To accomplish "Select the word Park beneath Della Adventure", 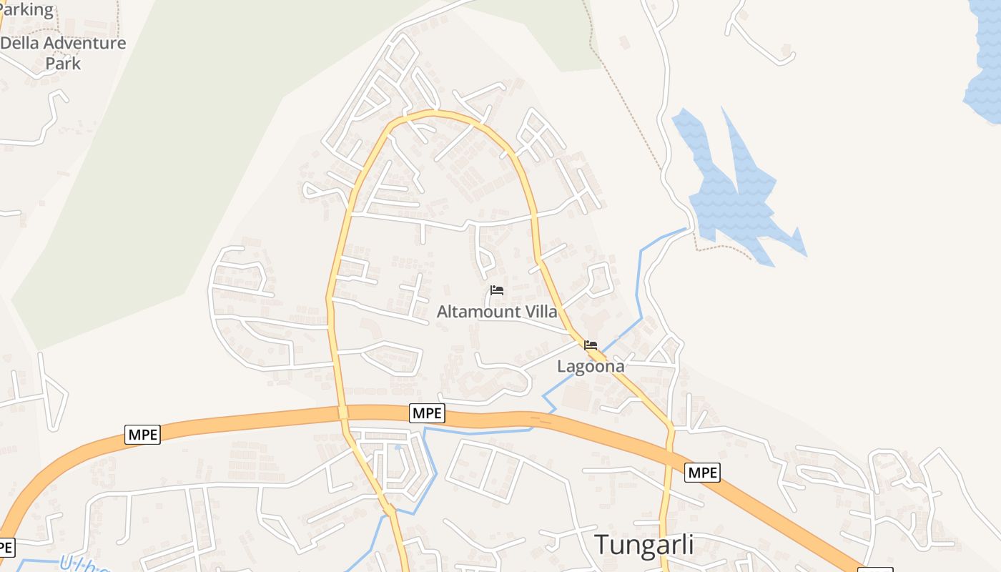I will [63, 63].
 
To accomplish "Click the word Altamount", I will [478, 312].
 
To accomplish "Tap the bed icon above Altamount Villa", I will [497, 290].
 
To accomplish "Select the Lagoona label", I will [591, 366].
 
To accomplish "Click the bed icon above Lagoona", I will [591, 345].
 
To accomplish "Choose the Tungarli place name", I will [644, 544].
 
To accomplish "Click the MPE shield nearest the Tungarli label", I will [702, 472].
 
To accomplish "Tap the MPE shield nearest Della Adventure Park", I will [142, 434].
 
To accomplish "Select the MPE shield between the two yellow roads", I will [428, 413].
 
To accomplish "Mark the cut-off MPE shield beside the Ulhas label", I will [6, 548].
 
